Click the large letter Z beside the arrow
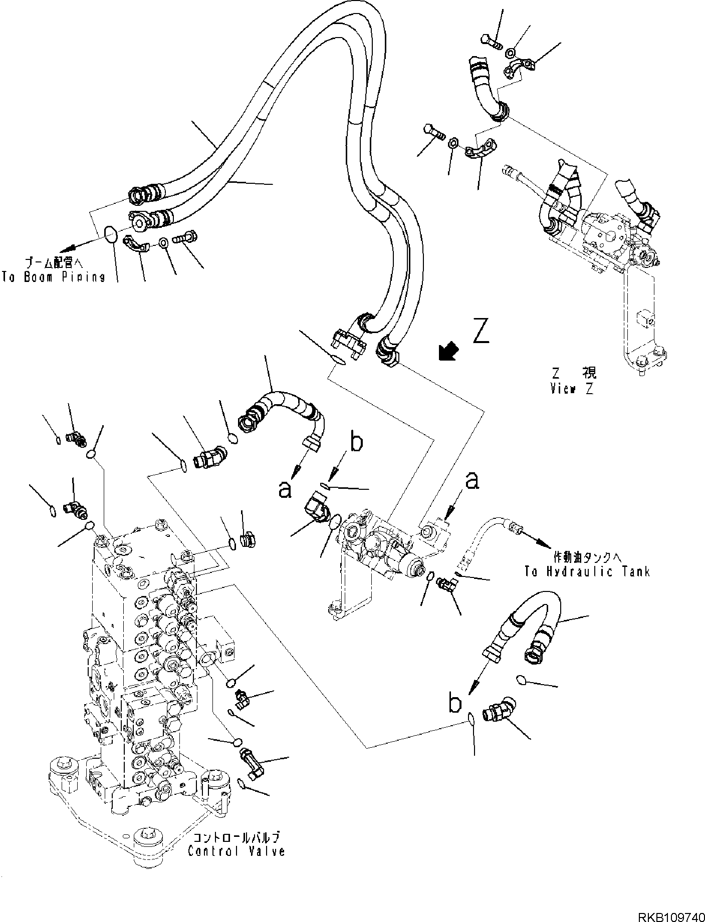point(481,332)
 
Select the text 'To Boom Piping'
point(53,277)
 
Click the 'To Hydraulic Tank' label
point(587,571)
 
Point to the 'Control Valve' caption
point(236,851)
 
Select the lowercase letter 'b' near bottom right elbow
point(454,704)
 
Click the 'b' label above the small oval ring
point(355,443)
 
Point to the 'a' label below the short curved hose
point(285,490)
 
